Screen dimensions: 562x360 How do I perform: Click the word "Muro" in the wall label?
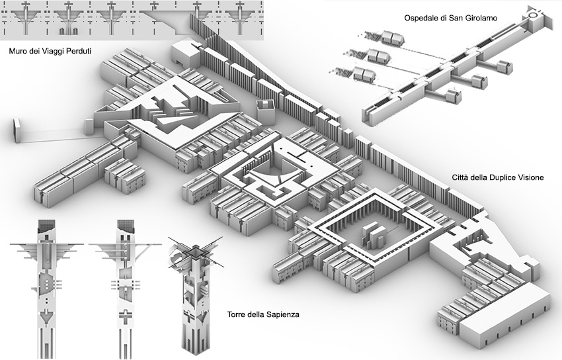tap(17, 51)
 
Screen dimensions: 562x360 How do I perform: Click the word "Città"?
tap(460, 177)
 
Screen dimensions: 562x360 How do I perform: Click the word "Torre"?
tap(236, 314)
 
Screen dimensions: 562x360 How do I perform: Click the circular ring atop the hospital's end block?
tap(533, 15)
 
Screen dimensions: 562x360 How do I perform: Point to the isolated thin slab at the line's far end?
tap(17, 130)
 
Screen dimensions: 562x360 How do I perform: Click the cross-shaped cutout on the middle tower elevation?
tap(125, 316)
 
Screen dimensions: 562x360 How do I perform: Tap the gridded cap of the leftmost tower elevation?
tap(46, 226)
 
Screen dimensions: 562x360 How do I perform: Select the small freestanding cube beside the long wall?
tap(266, 112)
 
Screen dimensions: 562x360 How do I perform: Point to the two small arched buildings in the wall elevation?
tap(68, 31)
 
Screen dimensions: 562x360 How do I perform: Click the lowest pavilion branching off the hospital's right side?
tap(453, 96)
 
